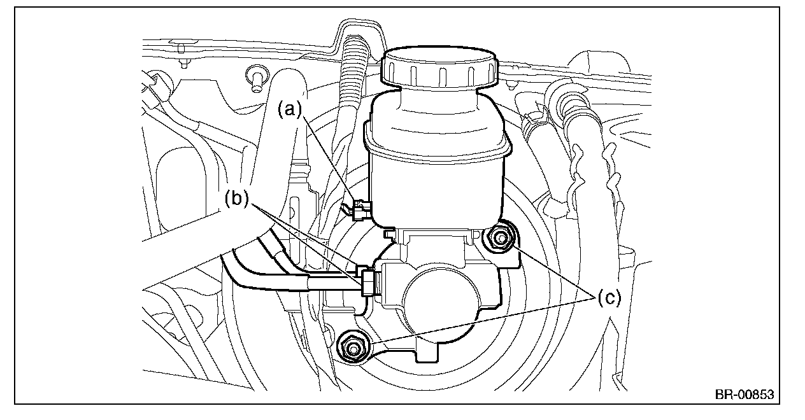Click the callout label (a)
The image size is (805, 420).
[x=290, y=109]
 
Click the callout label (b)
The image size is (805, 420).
[x=237, y=199]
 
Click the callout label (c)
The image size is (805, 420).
[x=609, y=298]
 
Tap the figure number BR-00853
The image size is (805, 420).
[x=744, y=395]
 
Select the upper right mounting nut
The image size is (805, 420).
[x=500, y=238]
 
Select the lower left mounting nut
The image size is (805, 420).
[x=353, y=347]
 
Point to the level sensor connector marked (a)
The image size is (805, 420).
[x=362, y=210]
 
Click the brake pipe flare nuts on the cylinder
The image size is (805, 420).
[x=367, y=281]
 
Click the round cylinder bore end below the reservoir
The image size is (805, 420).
[x=441, y=301]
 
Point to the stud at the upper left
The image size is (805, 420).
[x=256, y=80]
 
